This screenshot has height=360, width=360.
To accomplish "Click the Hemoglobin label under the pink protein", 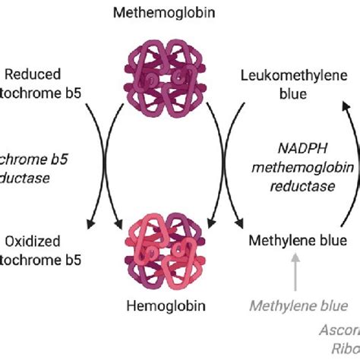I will click(x=163, y=308).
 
